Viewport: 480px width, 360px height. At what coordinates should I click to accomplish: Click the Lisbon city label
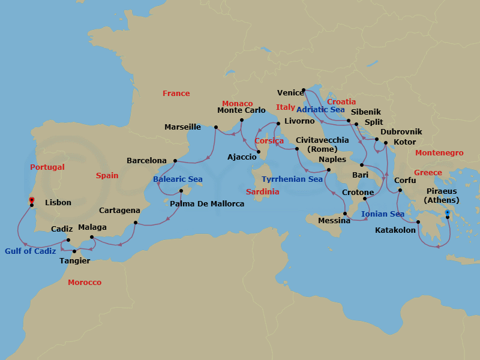click(x=58, y=203)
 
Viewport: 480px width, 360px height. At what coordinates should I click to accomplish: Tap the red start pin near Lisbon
click(x=32, y=200)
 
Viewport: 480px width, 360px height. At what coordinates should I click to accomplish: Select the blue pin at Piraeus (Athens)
click(x=448, y=212)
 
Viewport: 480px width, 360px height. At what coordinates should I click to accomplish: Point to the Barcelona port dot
click(x=175, y=161)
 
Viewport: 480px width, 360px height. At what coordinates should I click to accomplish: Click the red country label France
click(x=176, y=94)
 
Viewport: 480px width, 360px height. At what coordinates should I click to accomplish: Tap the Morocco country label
click(x=85, y=283)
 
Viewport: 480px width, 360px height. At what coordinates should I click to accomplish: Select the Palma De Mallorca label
click(x=207, y=204)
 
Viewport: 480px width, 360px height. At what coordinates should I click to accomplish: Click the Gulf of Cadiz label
click(x=31, y=251)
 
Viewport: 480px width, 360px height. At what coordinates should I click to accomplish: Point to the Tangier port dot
click(x=74, y=251)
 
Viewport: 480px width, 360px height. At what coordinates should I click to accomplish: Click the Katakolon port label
click(x=395, y=230)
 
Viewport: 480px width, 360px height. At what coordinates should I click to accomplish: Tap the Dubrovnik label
click(x=401, y=132)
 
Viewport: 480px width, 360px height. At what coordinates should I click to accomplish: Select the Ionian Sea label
click(x=383, y=214)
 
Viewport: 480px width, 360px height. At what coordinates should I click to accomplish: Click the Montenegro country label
click(x=439, y=153)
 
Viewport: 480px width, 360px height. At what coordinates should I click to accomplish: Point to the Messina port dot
click(x=345, y=213)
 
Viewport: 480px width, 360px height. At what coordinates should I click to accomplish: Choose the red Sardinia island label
click(x=263, y=192)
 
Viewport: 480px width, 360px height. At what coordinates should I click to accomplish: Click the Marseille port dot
click(x=216, y=127)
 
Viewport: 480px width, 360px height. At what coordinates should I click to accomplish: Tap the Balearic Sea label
click(x=178, y=179)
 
